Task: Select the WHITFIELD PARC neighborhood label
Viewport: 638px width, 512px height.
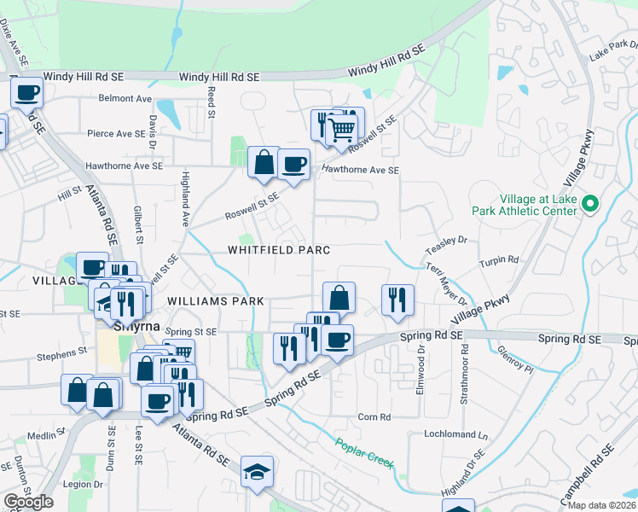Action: coord(278,249)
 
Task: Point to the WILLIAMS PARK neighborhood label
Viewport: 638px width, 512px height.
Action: coord(217,301)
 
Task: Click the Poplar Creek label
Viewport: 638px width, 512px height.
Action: coord(364,451)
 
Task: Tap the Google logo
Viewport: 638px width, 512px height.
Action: coord(28,502)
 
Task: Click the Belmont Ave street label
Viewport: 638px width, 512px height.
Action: coord(125,99)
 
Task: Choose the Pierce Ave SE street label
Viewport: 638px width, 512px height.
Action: coord(117,134)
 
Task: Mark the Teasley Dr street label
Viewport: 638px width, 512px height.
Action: coord(451,241)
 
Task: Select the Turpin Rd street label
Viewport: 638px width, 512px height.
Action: coord(499,259)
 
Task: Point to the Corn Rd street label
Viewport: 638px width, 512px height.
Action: coord(374,417)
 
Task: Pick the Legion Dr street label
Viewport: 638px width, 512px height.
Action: coord(84,485)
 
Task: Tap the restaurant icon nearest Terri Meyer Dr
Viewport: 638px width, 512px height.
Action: coord(397,300)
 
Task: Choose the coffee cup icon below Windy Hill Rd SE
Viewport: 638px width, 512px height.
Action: coord(26,91)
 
